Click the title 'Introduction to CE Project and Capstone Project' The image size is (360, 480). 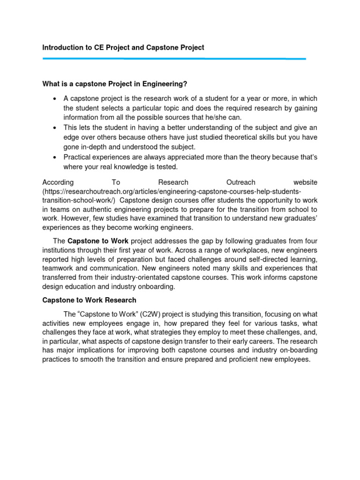123,48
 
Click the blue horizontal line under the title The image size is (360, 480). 174,59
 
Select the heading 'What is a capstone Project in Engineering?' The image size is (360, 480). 115,84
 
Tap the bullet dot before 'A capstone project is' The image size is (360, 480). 55,98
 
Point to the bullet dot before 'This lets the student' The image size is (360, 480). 55,127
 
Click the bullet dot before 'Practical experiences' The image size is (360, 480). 55,157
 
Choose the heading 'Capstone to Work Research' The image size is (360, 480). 89,300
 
